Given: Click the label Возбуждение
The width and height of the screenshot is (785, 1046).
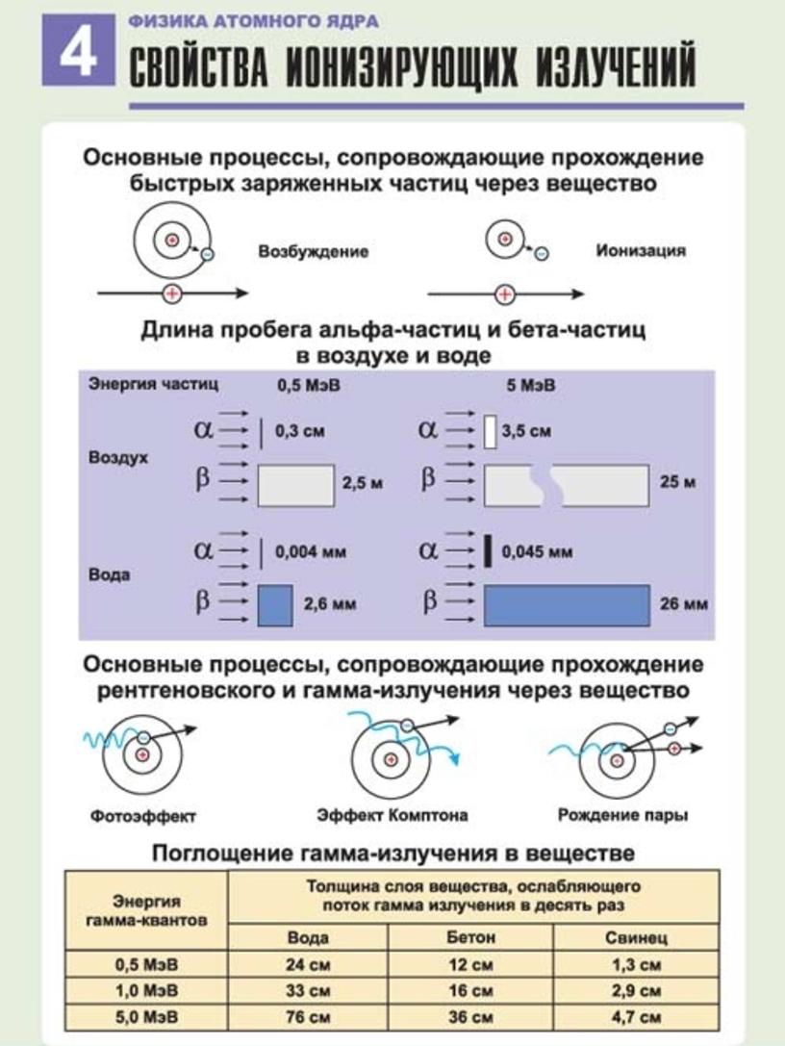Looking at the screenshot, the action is [x=314, y=251].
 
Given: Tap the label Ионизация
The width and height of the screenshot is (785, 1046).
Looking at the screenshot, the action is [x=641, y=251].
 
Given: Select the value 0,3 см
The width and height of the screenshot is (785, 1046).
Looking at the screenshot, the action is [x=300, y=431].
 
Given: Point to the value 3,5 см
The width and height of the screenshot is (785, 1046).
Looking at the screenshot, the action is [x=526, y=431].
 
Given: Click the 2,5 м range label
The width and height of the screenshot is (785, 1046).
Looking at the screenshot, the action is [x=363, y=483].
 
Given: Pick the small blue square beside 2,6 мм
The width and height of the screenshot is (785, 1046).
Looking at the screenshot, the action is [x=275, y=605].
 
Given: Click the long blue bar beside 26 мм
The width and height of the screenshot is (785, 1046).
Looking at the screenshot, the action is [x=567, y=605].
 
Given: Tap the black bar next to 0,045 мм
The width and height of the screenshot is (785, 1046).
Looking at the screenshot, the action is [x=488, y=551].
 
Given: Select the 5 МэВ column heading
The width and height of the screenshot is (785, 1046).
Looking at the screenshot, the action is [x=531, y=386].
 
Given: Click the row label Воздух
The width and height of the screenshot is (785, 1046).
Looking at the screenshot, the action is [x=118, y=458].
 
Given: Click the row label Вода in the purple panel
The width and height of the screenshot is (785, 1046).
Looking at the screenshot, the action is [x=110, y=575].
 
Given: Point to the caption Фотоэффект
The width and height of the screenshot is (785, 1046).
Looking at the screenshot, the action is [x=142, y=816].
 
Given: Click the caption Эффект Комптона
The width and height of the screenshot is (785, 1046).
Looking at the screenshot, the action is [x=392, y=815].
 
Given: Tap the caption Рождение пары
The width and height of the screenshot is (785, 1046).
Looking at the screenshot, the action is [x=623, y=815].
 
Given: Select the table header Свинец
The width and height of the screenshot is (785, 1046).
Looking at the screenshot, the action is [x=636, y=938].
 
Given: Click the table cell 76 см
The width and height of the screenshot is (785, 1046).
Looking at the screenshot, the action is [x=308, y=1017].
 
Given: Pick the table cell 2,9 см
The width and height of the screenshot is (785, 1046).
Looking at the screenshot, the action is [x=636, y=990].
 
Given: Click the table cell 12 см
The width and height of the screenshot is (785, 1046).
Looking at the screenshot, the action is [x=470, y=964].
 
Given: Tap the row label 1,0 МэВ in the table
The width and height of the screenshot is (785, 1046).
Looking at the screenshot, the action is [x=147, y=990].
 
